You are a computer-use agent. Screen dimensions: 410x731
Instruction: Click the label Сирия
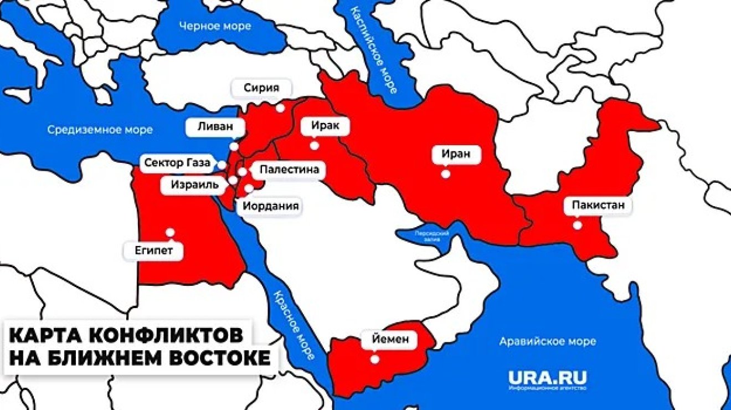pos(261,88)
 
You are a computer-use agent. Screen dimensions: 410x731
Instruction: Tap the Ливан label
pos(212,126)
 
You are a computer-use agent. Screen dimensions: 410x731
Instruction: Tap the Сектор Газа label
pos(177,163)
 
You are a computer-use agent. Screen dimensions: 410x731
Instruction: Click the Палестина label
pos(289,170)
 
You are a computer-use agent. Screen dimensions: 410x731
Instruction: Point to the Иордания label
pos(271,207)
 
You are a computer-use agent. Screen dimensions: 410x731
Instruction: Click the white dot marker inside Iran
pos(445,173)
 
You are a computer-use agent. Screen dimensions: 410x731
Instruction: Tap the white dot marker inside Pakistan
pos(578,225)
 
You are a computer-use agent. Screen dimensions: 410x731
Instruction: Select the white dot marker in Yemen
pos(375,359)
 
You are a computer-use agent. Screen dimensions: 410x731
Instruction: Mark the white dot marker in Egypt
pos(171,233)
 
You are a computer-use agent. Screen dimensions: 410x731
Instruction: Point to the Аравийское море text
pos(548,341)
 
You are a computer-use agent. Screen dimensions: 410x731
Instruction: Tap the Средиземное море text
pos(100,130)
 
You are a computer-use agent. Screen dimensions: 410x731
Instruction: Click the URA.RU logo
pos(547,380)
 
